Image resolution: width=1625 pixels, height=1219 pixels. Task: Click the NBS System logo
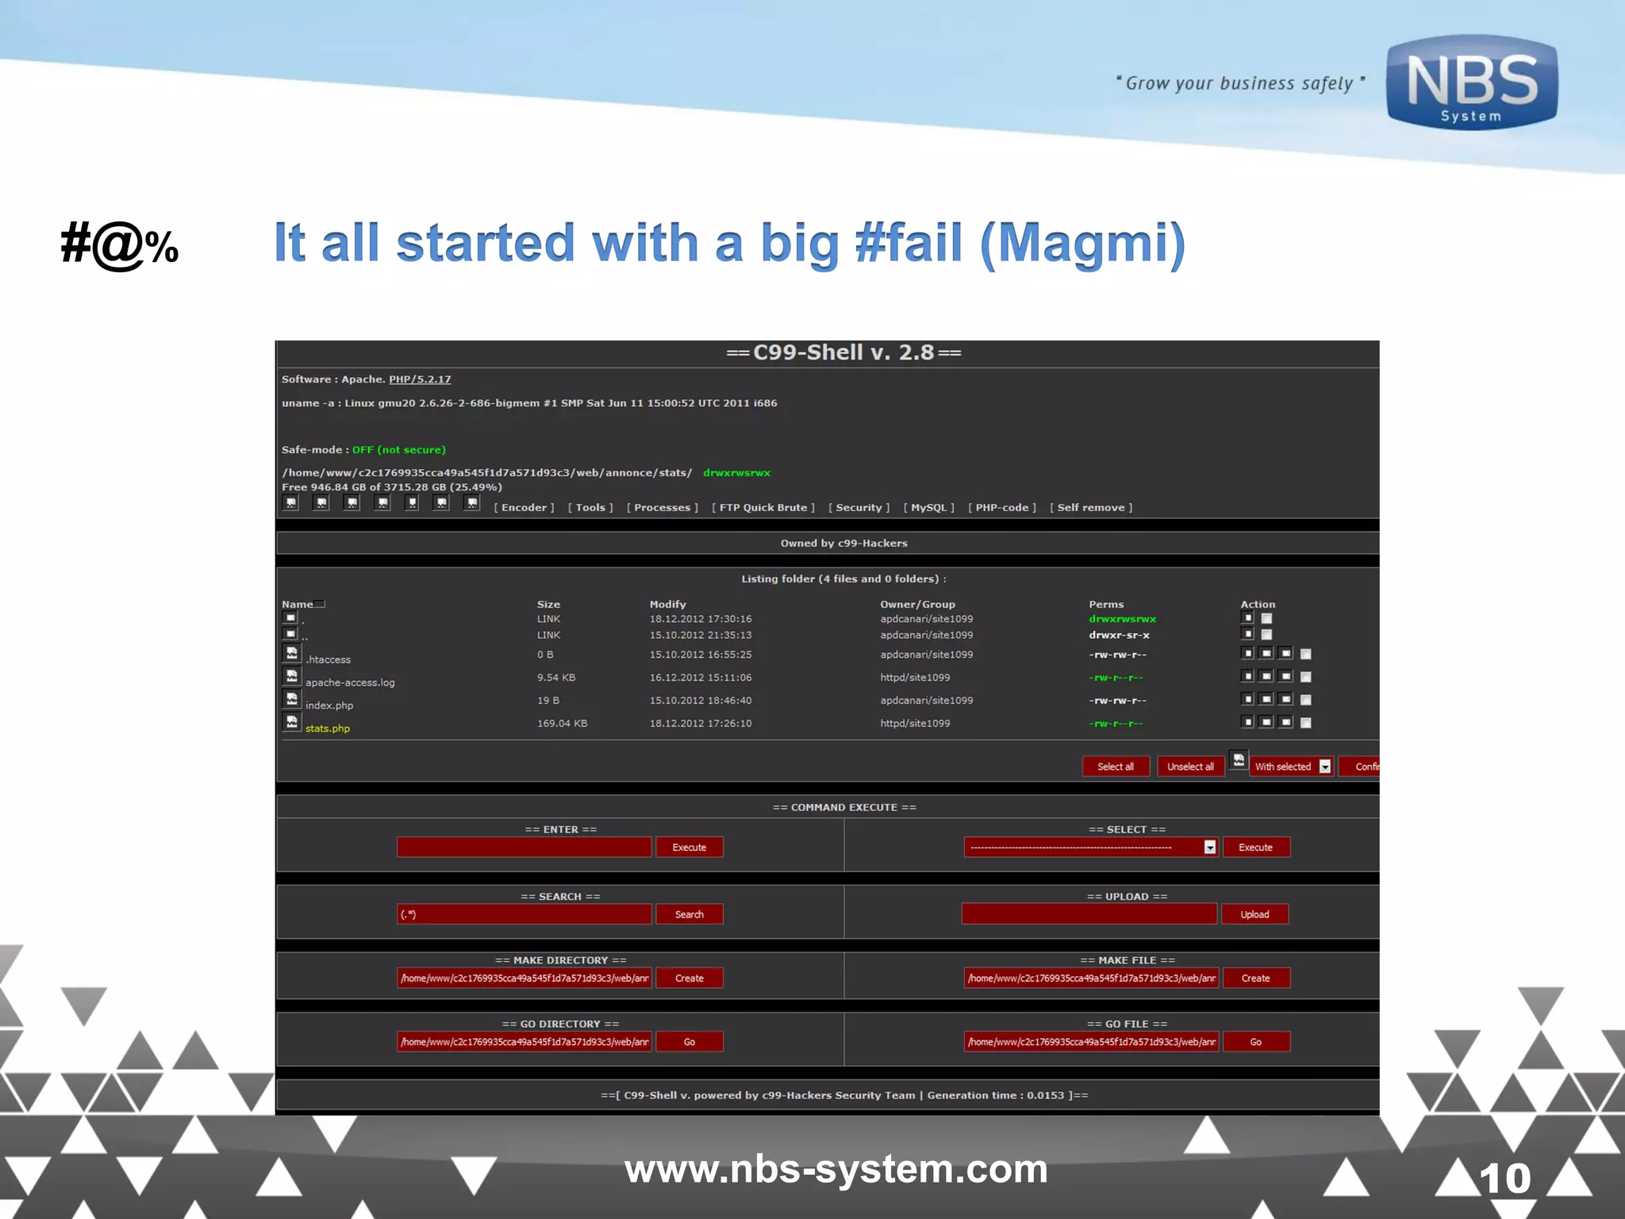[1472, 83]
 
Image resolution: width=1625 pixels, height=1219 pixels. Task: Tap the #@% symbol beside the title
[120, 244]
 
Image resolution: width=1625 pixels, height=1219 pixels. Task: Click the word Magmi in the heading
[1083, 243]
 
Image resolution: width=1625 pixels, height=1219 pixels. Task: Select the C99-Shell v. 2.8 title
[843, 352]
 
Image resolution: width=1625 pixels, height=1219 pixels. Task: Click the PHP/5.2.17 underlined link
[420, 379]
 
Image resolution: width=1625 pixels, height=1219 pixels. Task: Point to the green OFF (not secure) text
[399, 450]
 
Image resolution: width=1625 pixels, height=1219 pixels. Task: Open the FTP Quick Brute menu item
[763, 508]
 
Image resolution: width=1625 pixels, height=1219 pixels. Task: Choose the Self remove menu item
[1091, 508]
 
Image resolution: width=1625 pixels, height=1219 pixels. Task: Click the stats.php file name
[328, 729]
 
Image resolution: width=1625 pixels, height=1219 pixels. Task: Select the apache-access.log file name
[350, 683]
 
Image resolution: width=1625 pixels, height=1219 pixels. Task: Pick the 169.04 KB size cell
[562, 724]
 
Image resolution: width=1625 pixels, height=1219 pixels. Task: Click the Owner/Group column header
[917, 605]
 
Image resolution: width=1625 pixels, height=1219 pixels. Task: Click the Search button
[689, 915]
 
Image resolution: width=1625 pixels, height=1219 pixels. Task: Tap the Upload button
[1254, 915]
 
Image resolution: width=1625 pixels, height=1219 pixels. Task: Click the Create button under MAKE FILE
[1255, 979]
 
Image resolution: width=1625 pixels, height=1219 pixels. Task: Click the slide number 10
[1505, 1179]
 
